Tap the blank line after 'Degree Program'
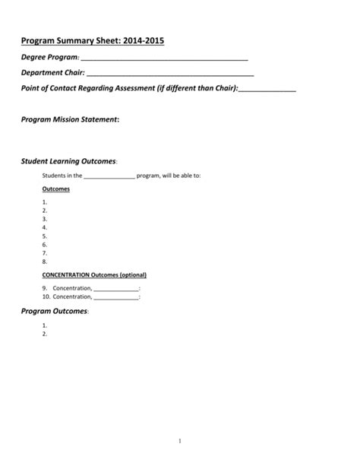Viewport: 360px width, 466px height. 164,58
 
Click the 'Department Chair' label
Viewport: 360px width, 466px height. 52,73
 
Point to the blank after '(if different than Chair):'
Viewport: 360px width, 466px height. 267,89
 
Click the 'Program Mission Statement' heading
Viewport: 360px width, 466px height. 69,119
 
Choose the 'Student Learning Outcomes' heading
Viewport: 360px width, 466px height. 68,161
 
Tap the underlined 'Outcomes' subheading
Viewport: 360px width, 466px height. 56,189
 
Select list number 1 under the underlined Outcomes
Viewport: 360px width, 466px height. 45,201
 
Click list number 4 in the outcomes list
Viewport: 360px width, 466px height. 45,227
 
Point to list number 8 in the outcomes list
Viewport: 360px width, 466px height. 45,261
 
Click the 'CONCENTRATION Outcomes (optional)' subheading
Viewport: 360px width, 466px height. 94,274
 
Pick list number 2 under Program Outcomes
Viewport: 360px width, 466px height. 45,333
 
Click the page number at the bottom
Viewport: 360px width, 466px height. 180,440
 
